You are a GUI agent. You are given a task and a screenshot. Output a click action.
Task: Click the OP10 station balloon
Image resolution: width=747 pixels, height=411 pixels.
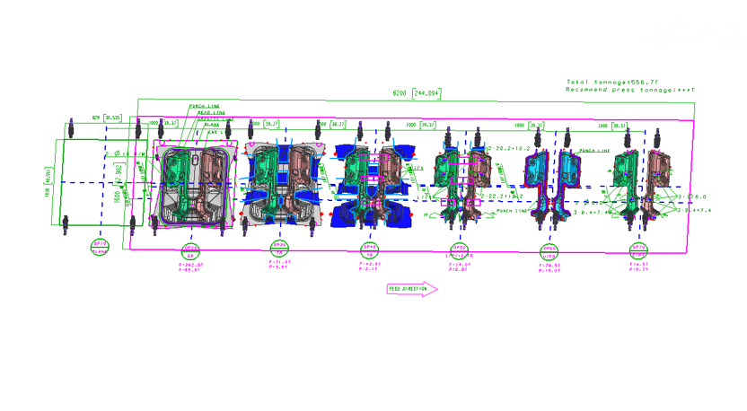(x=99, y=248)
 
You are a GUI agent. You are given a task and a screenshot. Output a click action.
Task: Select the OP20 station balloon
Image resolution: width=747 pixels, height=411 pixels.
(x=190, y=249)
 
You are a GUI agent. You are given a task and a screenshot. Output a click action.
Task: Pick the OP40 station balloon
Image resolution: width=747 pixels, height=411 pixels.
(x=370, y=249)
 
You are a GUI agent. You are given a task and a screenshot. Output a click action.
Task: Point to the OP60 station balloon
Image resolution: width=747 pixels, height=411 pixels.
(x=549, y=249)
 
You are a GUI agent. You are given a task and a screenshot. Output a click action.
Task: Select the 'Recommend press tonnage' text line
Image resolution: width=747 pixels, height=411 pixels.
(x=630, y=90)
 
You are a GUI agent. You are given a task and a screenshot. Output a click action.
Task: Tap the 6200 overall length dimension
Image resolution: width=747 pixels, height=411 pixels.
(x=400, y=93)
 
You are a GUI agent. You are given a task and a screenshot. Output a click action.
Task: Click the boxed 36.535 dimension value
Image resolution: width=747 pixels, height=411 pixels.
(x=112, y=117)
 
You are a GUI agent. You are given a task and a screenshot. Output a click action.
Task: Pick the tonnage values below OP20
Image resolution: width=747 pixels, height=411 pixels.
(x=191, y=267)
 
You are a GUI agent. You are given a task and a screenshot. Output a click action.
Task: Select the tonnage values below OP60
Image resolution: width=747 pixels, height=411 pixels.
(x=549, y=268)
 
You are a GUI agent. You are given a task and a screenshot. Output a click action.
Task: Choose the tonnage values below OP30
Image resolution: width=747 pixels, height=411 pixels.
(x=279, y=265)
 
